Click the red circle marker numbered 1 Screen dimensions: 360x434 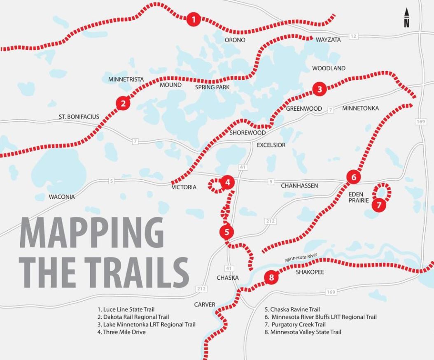[x=193, y=19]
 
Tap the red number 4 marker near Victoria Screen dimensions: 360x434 [x=227, y=181]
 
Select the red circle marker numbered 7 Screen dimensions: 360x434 [x=379, y=204]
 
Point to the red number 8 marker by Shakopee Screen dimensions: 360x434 [x=271, y=277]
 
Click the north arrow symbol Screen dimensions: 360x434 [x=406, y=18]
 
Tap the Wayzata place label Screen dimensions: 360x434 [x=328, y=40]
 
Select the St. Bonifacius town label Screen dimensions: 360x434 [x=79, y=117]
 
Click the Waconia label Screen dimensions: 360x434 [x=62, y=197]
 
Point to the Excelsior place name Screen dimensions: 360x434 [x=271, y=145]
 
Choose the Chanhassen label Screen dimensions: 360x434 [x=299, y=186]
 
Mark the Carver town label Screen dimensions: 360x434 [x=205, y=304]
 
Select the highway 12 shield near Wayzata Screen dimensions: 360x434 [x=353, y=37]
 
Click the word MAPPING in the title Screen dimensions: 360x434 [x=91, y=232]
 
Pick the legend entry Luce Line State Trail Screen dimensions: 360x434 [x=126, y=309]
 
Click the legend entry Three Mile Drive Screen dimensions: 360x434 [x=121, y=332]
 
